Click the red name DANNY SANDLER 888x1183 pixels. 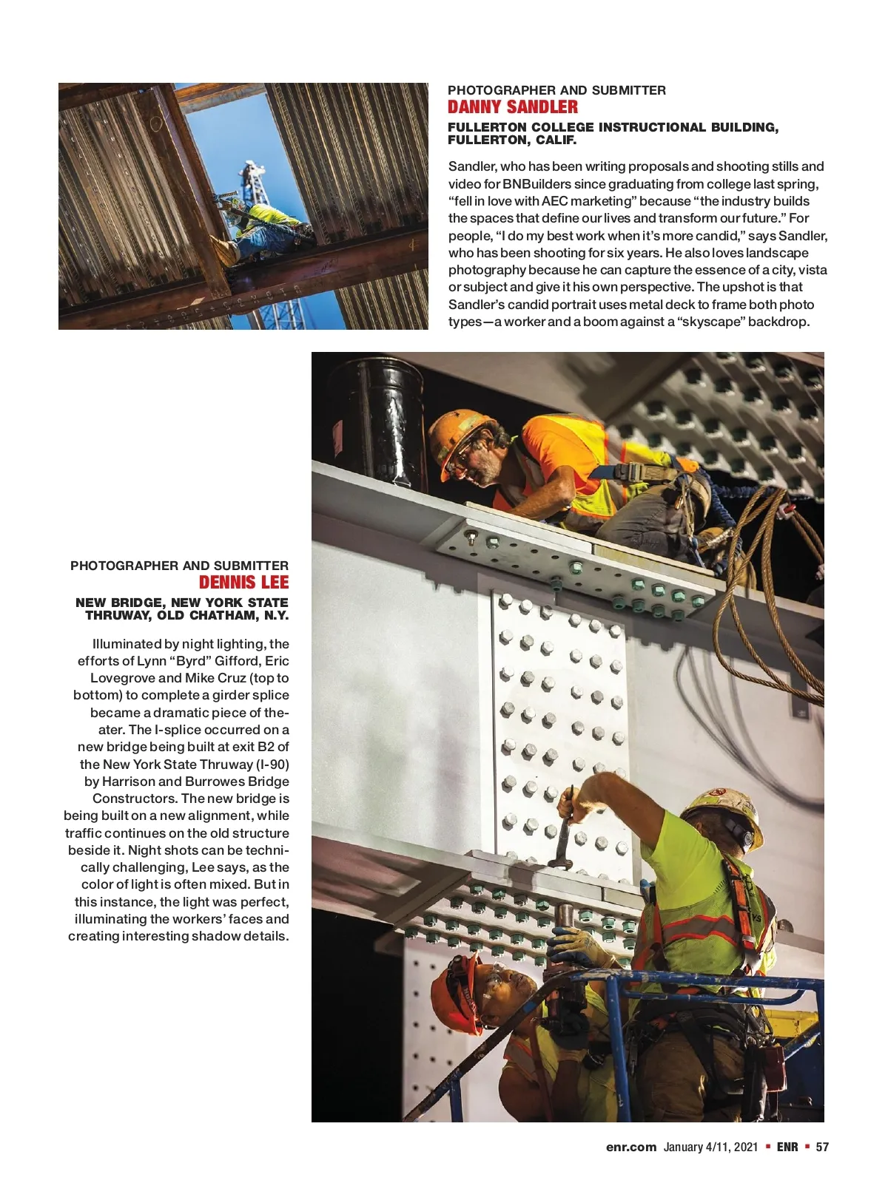512,108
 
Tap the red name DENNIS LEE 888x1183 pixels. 243,583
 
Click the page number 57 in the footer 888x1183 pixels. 822,1147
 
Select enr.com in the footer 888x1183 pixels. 630,1147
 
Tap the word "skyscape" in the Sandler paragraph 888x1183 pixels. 710,322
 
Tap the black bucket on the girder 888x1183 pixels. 376,414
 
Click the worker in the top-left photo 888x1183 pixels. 260,226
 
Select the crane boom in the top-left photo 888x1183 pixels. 255,185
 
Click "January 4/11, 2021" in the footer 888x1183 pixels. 710,1147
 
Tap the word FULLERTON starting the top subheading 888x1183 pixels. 485,128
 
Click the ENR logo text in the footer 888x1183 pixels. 787,1147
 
